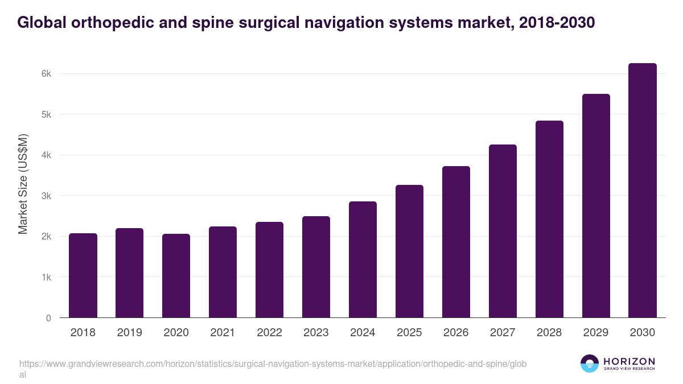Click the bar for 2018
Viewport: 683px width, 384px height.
tap(83, 275)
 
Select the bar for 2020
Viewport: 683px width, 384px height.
tap(176, 276)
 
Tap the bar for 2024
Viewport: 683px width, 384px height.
tap(363, 259)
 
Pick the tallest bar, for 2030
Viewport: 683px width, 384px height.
tap(643, 191)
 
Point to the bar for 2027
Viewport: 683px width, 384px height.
tap(503, 231)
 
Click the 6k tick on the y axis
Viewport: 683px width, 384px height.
tap(46, 74)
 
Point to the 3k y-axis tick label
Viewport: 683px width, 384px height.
tap(46, 196)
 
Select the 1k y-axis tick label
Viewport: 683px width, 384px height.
tap(46, 278)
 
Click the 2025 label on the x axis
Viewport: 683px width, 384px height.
tap(409, 333)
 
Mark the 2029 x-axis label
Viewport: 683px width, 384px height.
tap(596, 333)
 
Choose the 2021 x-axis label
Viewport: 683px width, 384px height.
tap(223, 333)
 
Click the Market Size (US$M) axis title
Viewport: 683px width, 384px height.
tap(23, 183)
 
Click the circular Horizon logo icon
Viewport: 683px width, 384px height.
tap(590, 364)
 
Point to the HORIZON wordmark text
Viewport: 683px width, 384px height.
tap(629, 361)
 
